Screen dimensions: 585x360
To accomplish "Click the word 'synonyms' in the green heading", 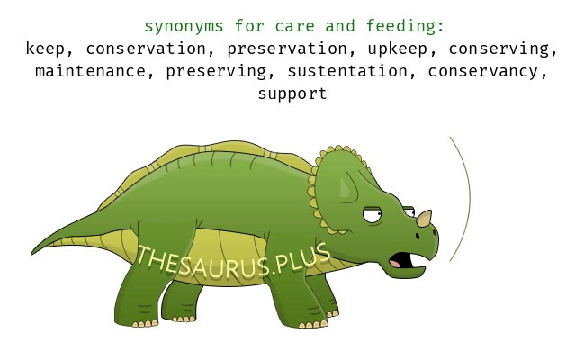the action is coord(184,26).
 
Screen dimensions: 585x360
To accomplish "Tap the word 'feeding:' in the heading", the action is coord(405,26).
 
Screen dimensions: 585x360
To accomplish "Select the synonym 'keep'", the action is coord(45,49).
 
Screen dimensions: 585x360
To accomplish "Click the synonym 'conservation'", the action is coord(146,49).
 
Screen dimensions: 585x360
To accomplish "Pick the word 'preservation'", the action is coord(287,49).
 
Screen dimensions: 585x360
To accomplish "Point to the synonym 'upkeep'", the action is coord(398,49).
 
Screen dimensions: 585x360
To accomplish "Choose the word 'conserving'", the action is coord(499,49).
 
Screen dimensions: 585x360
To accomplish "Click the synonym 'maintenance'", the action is coord(90,71).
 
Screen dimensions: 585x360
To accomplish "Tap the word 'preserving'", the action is coord(216,72).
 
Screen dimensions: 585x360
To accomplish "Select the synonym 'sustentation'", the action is coord(347,71).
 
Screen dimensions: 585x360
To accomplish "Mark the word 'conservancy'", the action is coord(483,72).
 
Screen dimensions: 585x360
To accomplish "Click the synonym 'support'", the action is coord(292,94).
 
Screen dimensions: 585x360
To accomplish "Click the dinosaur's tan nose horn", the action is coord(425,218).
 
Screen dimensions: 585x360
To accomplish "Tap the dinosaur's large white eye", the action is coord(373,215).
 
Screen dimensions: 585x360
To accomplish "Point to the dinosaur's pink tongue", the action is coord(395,264).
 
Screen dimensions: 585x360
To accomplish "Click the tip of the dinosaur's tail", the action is coord(31,254).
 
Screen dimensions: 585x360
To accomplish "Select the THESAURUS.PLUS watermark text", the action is coord(233,261).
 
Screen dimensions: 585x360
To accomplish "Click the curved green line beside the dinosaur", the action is coord(470,198).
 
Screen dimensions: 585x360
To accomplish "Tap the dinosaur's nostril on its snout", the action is coord(418,236).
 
